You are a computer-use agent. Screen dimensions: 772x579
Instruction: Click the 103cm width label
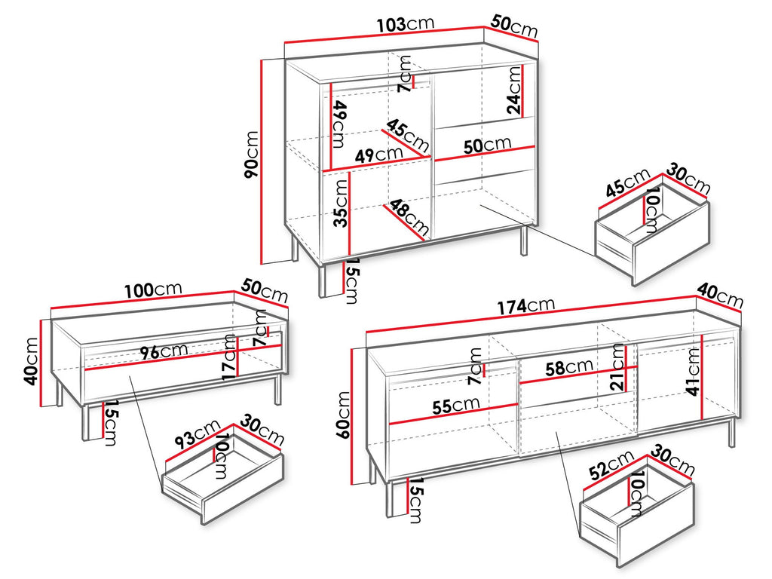(406, 24)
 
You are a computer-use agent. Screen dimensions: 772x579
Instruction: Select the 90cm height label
(251, 155)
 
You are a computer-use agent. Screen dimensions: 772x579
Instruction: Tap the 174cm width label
(525, 306)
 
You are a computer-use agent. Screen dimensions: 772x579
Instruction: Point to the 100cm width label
(153, 290)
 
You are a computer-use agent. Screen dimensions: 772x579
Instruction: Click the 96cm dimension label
(164, 351)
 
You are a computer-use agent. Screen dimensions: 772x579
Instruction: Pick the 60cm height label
(344, 415)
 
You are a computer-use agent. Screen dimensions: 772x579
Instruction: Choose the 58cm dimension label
(568, 367)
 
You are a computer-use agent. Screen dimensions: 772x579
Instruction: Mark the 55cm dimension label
(456, 406)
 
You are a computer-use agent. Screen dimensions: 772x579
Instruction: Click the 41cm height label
(694, 372)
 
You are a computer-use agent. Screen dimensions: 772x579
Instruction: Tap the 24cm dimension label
(513, 90)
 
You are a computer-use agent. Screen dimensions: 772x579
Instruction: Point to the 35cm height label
(341, 204)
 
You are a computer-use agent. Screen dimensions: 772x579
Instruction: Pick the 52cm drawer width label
(612, 464)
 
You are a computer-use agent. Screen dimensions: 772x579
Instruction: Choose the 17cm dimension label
(229, 357)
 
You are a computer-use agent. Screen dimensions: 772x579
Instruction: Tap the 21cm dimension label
(617, 367)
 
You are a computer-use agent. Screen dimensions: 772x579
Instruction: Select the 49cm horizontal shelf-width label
(378, 155)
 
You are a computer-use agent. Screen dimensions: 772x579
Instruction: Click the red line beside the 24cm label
(522, 90)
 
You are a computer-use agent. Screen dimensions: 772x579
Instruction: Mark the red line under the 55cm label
(453, 414)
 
